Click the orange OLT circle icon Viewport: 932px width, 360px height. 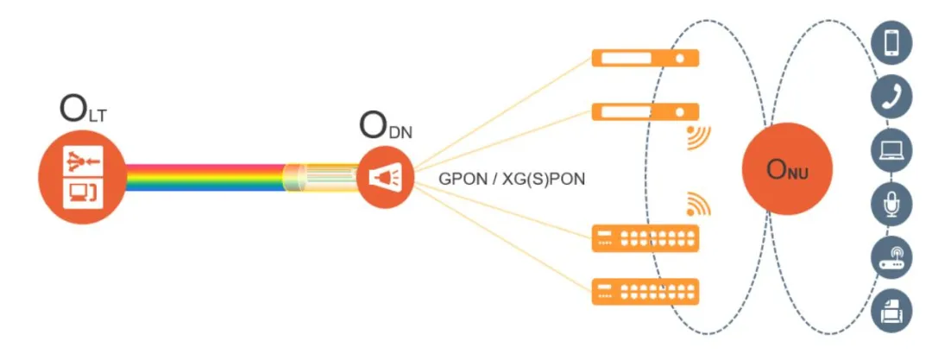pos(83,177)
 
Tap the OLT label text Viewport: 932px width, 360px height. pos(83,110)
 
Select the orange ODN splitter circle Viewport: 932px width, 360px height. pos(383,177)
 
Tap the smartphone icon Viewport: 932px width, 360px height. pos(891,43)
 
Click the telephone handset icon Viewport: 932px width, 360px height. pos(891,97)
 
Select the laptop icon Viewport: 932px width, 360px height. pos(891,150)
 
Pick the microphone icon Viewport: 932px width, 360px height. pos(891,204)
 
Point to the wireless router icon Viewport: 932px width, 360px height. pos(891,257)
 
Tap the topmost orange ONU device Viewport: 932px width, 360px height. pos(645,59)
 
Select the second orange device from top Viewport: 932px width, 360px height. pos(645,111)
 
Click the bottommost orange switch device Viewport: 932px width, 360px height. pos(645,290)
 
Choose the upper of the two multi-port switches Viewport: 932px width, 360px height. pos(645,238)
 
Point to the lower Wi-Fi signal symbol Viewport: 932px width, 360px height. pos(698,204)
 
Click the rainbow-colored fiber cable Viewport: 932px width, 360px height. pos(207,177)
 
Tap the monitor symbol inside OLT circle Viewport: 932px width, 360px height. pos(83,193)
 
